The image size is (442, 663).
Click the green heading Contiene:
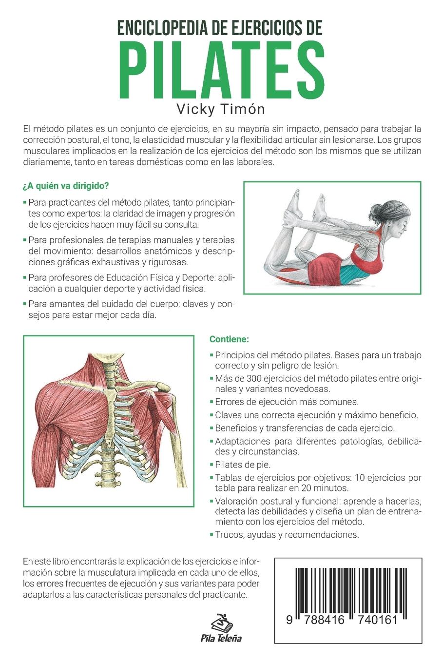229,339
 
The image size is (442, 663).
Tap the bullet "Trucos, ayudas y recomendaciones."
287,534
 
